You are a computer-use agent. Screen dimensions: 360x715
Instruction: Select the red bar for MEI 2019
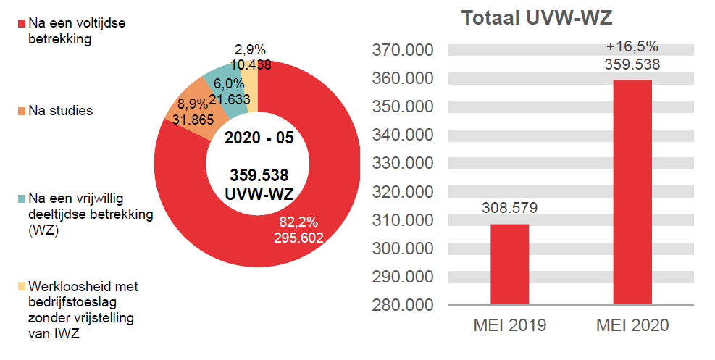click(509, 264)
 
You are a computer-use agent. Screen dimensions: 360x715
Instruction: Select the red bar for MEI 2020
click(632, 192)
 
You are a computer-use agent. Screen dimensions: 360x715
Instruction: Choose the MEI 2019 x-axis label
click(509, 326)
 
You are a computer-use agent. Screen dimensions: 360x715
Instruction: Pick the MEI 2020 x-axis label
click(632, 326)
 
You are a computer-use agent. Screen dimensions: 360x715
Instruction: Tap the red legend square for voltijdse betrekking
click(21, 25)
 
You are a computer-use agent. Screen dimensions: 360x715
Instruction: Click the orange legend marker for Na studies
click(21, 112)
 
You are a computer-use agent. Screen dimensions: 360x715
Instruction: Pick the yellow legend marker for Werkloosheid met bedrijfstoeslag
click(21, 287)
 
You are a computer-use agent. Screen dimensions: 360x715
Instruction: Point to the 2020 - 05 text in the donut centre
click(259, 138)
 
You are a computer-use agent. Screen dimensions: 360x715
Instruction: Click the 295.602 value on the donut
click(298, 237)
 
